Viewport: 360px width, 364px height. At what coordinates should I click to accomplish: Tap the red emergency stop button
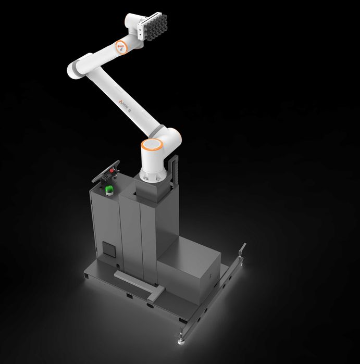click(111, 170)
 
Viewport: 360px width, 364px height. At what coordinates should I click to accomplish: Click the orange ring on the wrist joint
click(121, 46)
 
